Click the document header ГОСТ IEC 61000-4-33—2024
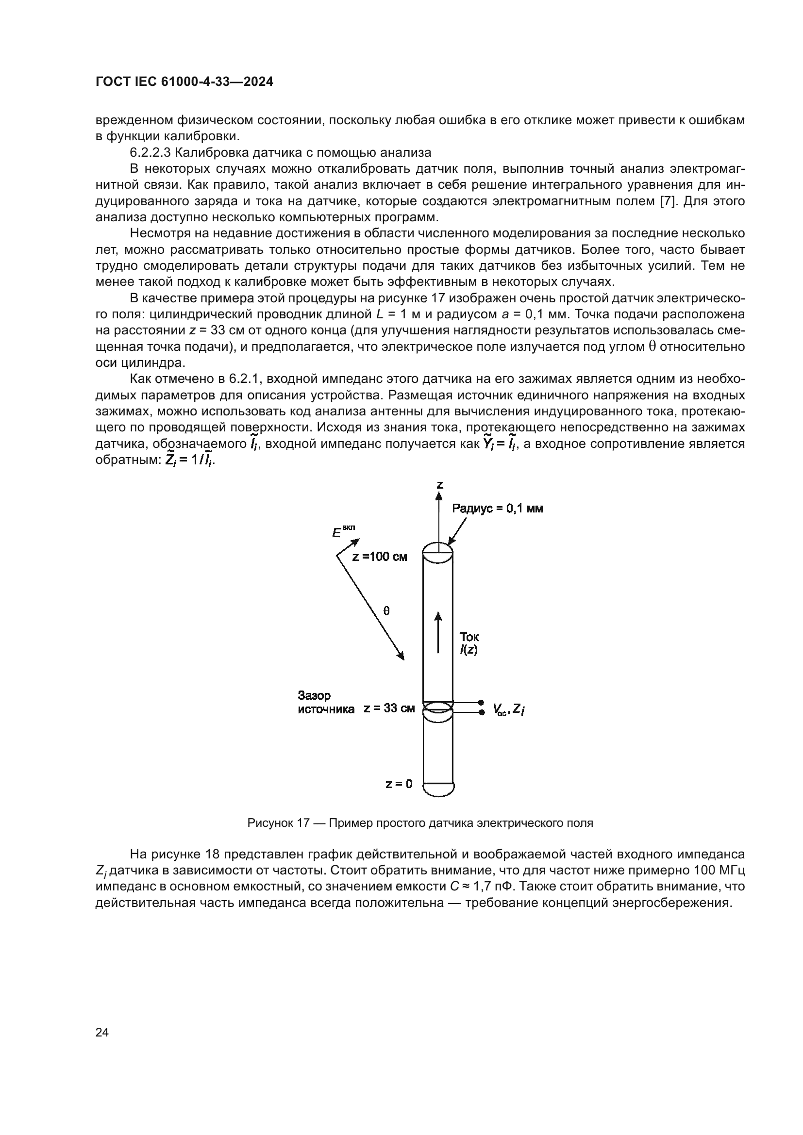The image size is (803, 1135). pyautogui.click(x=184, y=82)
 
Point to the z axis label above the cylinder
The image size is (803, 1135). pyautogui.click(x=439, y=485)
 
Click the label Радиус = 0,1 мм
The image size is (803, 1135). pyautogui.click(x=498, y=509)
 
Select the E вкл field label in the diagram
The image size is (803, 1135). pyautogui.click(x=343, y=532)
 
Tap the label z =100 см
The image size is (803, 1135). pyautogui.click(x=379, y=557)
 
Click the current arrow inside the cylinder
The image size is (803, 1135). pyautogui.click(x=438, y=632)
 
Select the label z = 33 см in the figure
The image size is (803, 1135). pyautogui.click(x=389, y=708)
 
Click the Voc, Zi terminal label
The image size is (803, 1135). pyautogui.click(x=508, y=709)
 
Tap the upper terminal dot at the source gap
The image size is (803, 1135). pyautogui.click(x=481, y=702)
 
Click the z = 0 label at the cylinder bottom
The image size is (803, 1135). pyautogui.click(x=399, y=784)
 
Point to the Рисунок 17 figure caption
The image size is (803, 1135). pyautogui.click(x=420, y=823)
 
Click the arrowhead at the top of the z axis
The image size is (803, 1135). pyautogui.click(x=438, y=496)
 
